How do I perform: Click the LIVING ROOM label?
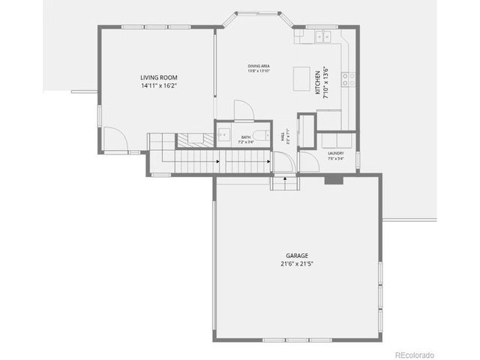[x=157, y=77]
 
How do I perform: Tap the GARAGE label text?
[x=296, y=255]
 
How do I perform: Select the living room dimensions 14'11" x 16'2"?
[x=157, y=86]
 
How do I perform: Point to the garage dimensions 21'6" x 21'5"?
[x=296, y=264]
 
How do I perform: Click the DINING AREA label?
[x=259, y=66]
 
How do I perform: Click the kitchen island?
[x=301, y=77]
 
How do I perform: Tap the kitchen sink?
[x=323, y=36]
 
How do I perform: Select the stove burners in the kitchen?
[x=347, y=79]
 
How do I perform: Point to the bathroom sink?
[x=223, y=135]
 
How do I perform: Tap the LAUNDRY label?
[x=335, y=153]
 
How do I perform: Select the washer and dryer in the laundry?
[x=335, y=140]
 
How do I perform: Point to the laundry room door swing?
[x=307, y=161]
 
